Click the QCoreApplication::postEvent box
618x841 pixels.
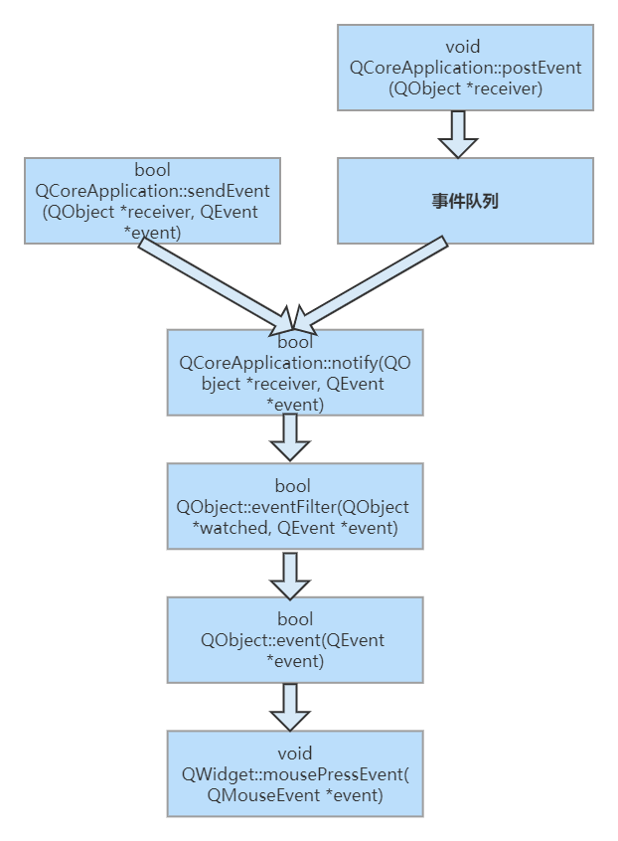[x=465, y=68]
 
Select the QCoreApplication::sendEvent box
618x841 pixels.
[x=152, y=200]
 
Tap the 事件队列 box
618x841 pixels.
[x=465, y=200]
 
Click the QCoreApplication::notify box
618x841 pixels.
[x=294, y=372]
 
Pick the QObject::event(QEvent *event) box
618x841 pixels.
[x=294, y=639]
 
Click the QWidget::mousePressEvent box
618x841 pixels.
[x=294, y=773]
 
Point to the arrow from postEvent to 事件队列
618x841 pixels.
[x=459, y=133]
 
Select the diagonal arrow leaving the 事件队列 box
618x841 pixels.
[x=373, y=282]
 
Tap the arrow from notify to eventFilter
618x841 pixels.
[x=290, y=437]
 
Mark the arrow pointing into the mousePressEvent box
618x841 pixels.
[x=290, y=706]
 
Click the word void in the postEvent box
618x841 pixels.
[x=465, y=47]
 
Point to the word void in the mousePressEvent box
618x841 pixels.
[x=294, y=754]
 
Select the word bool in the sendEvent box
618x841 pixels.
[x=152, y=171]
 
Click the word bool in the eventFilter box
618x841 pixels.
[x=293, y=486]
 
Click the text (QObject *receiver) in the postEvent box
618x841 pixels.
[x=465, y=89]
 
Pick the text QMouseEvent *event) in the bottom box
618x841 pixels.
[x=294, y=794]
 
